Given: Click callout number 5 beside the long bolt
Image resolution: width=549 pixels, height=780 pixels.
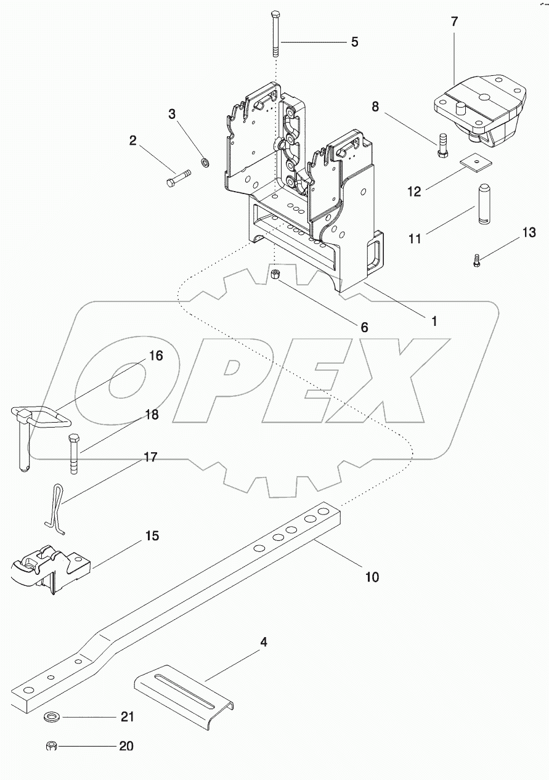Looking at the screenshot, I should point(355,42).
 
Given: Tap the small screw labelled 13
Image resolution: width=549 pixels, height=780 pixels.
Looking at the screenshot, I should point(477,261).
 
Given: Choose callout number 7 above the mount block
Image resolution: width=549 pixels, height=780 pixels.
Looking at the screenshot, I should point(454,22).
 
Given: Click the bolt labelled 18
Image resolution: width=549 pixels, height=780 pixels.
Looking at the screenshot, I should point(73,453).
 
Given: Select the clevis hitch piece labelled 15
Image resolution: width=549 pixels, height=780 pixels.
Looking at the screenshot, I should point(49,567).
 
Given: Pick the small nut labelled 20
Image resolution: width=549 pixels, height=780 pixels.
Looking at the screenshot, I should point(52,747).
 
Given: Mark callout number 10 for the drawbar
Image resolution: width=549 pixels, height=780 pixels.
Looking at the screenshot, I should point(372,577).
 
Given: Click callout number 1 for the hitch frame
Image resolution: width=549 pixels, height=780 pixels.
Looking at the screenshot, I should point(434,321).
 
